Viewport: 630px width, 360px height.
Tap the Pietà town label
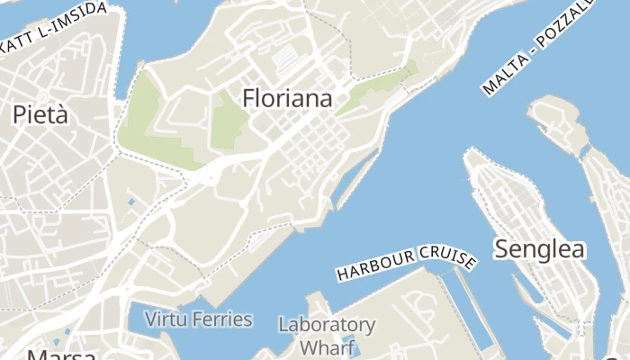(40, 114)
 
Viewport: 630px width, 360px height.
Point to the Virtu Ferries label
(199, 319)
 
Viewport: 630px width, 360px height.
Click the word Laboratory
(326, 324)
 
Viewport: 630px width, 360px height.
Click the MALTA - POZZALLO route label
(538, 49)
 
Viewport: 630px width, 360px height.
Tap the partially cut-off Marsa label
(63, 353)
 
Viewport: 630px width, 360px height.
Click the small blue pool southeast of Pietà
(131, 201)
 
